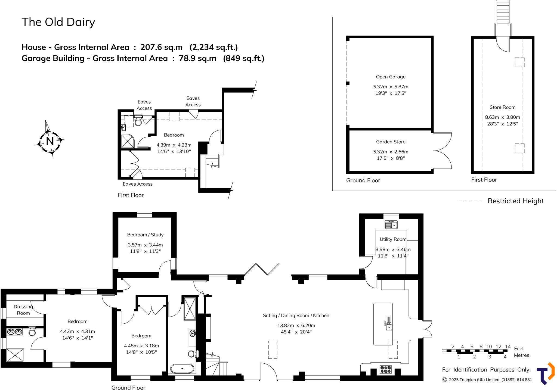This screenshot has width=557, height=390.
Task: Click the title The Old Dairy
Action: (58, 22)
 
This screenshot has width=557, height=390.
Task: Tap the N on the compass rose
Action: (50, 141)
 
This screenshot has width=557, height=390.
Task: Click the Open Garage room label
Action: (391, 77)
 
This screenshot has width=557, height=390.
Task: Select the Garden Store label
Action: (391, 142)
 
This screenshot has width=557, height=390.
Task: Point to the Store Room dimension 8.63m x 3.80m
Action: (502, 117)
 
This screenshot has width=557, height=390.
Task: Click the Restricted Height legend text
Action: (515, 201)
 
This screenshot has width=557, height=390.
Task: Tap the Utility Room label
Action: (393, 239)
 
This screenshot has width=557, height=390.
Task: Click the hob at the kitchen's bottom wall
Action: (385, 369)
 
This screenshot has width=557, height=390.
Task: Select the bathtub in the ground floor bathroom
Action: (182, 369)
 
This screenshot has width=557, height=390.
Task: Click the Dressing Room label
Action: (23, 310)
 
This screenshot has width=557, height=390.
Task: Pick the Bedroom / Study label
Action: (145, 235)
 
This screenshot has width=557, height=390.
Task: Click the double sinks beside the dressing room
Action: (15, 332)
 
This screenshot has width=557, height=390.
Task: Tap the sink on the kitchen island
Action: (389, 327)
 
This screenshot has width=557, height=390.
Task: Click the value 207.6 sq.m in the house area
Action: (161, 47)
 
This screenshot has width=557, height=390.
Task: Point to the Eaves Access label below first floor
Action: (137, 184)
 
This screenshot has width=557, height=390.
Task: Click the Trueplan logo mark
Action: (546, 373)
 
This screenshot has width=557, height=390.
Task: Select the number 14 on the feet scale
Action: (508, 347)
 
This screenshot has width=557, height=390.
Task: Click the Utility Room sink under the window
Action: (391, 225)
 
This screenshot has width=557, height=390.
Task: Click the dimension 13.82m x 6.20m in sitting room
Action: (296, 326)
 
